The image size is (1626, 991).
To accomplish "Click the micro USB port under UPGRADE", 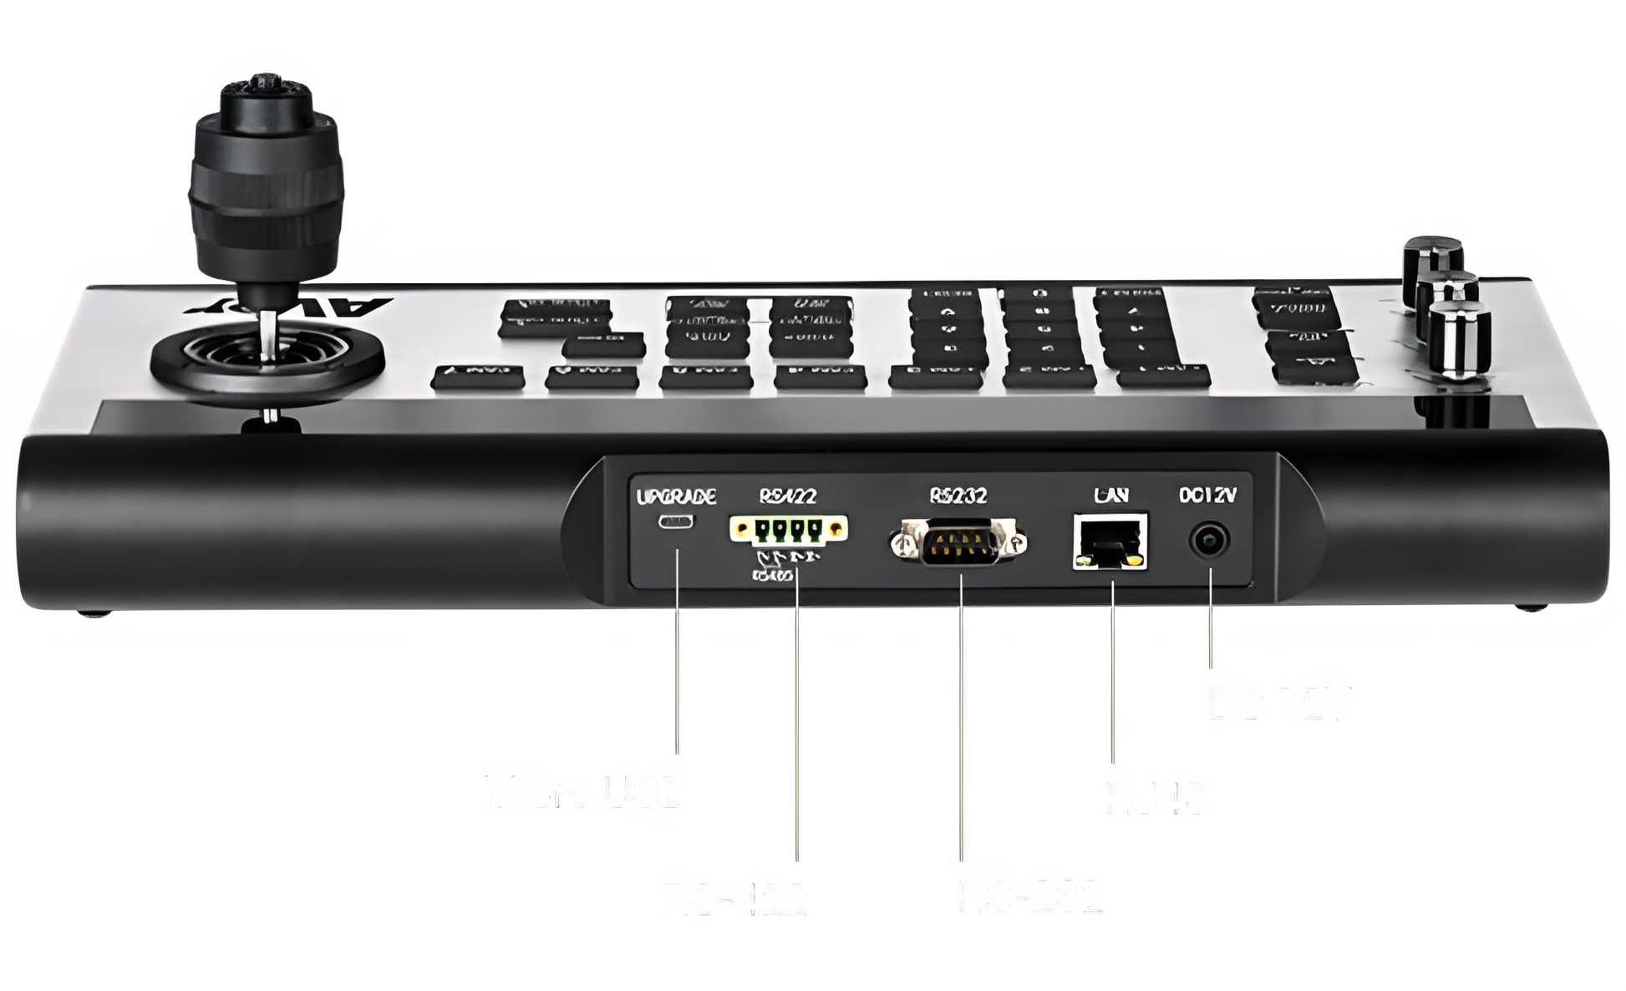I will pos(675,523).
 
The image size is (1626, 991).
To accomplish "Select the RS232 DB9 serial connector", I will pos(958,542).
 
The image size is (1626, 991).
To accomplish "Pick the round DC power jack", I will pos(1209,542).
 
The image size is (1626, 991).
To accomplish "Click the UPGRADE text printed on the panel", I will pos(676,498).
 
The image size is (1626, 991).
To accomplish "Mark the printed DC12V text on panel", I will pos(1207,495).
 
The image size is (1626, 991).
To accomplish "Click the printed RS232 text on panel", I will pos(958,495).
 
